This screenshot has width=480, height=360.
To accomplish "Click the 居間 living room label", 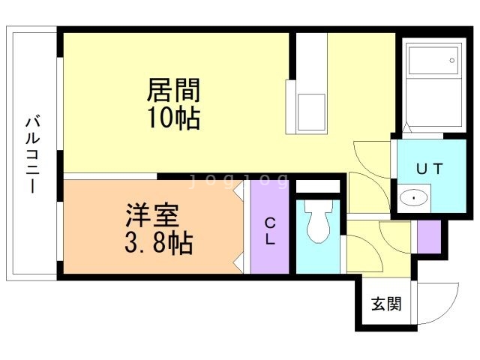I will click(x=174, y=92).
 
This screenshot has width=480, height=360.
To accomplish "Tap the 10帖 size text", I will click(x=174, y=118).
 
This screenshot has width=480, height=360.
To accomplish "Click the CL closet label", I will click(x=270, y=230).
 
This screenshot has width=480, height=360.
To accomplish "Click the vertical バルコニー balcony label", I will click(x=32, y=154).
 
